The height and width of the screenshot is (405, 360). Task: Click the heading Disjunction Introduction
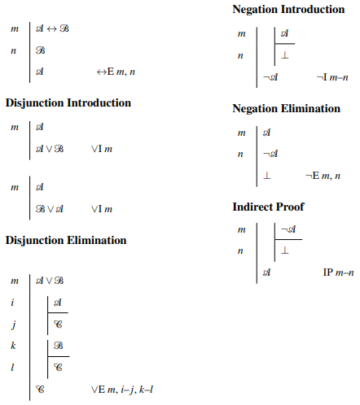pyautogui.click(x=68, y=103)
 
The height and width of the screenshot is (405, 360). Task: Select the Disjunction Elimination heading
pyautogui.click(x=66, y=240)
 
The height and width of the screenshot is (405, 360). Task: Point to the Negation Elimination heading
pyautogui.click(x=286, y=108)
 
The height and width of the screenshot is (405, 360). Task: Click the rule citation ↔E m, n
pyautogui.click(x=116, y=72)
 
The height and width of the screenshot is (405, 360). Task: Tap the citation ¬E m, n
pyautogui.click(x=323, y=175)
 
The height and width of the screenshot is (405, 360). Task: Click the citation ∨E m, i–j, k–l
pyautogui.click(x=122, y=390)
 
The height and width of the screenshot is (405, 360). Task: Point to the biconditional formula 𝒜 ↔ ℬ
pyautogui.click(x=53, y=28)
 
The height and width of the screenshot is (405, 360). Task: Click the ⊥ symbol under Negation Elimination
pyautogui.click(x=266, y=175)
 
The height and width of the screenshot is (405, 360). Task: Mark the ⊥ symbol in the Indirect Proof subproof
pyautogui.click(x=284, y=251)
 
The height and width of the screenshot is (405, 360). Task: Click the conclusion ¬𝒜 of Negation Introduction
pyautogui.click(x=270, y=77)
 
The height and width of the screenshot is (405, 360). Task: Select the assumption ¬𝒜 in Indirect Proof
pyautogui.click(x=288, y=230)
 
